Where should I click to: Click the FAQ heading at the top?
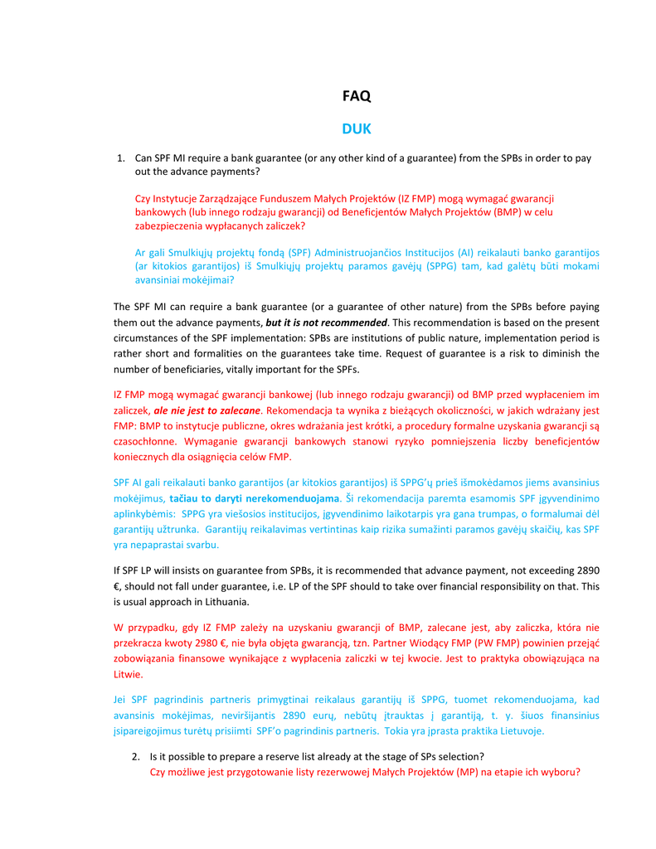click(357, 96)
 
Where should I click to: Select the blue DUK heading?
click(357, 129)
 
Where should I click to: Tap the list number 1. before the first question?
click(120, 158)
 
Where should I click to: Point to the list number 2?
click(135, 757)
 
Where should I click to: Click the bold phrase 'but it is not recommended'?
click(326, 323)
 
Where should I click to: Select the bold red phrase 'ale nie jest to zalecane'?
click(207, 410)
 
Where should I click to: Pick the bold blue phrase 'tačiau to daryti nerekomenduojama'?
click(255, 498)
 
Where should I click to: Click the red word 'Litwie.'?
click(129, 674)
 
